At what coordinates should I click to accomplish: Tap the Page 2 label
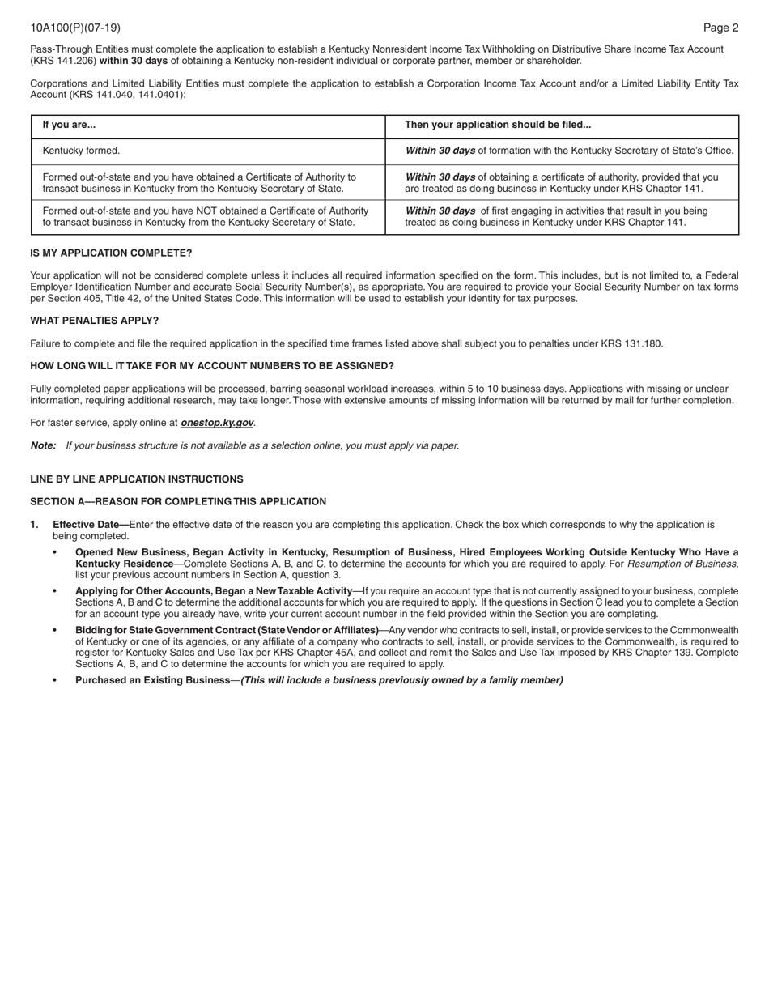[x=720, y=28]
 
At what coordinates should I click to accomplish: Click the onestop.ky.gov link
[x=217, y=423]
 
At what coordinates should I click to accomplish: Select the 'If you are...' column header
[x=69, y=125]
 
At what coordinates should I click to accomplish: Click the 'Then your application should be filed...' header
[x=498, y=125]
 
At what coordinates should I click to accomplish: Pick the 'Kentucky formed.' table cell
[x=81, y=151]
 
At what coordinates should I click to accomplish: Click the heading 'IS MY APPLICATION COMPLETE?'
[x=111, y=253]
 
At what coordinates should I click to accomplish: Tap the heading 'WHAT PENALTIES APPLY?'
[x=95, y=321]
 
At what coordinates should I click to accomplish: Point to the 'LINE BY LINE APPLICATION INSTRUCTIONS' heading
[x=137, y=479]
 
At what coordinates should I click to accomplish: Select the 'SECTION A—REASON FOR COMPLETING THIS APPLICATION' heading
[x=178, y=502]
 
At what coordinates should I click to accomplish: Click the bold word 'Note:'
[x=43, y=445]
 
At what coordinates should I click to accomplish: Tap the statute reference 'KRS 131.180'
[x=631, y=343]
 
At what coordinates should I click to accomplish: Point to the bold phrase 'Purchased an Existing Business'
[x=152, y=680]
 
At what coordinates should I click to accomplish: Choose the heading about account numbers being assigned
[x=212, y=366]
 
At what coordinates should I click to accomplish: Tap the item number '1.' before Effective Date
[x=35, y=525]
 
